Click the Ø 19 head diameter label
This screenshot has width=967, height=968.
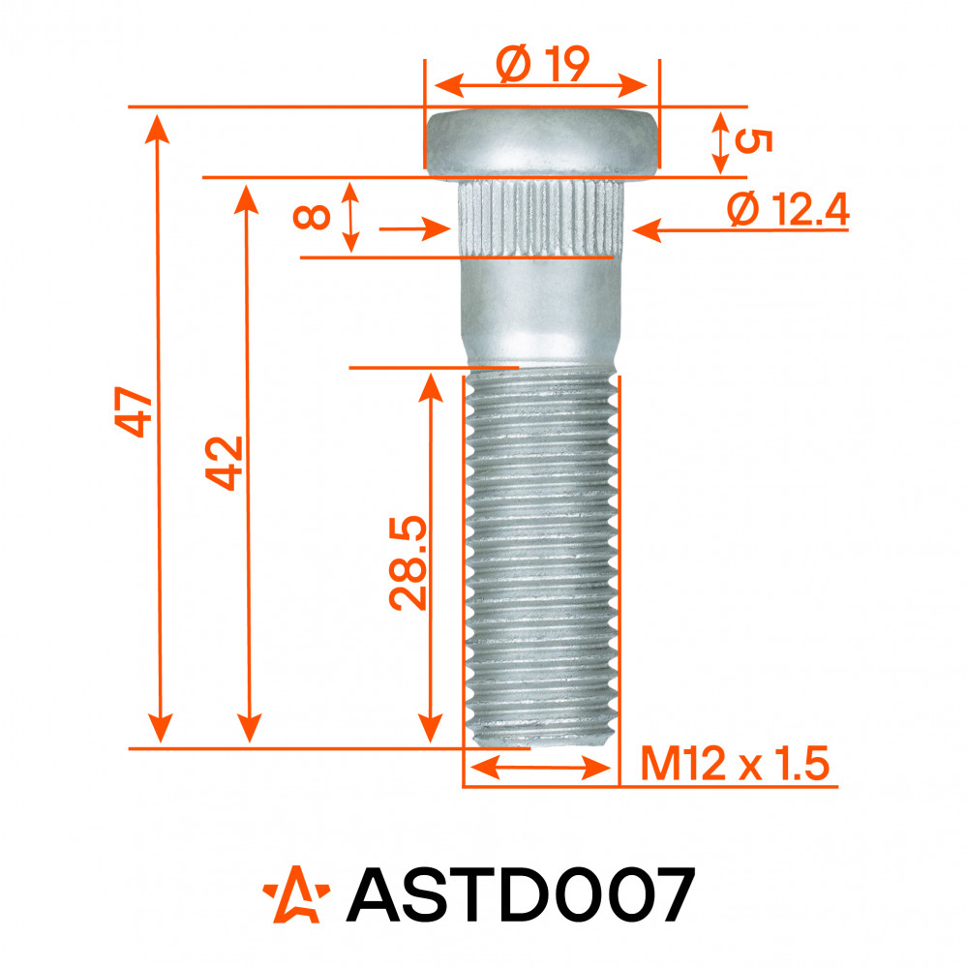point(543,64)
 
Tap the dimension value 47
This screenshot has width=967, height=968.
point(134,411)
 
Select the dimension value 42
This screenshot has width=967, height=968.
point(225,463)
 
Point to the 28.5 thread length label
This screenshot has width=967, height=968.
point(408,562)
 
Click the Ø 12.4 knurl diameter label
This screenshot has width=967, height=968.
point(788,209)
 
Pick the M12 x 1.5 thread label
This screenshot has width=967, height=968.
point(735,764)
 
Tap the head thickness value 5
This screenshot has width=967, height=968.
point(753,141)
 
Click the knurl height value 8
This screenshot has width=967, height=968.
point(312,217)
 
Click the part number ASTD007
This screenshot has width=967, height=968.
point(521,894)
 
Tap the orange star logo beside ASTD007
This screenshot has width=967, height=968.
point(296,894)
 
